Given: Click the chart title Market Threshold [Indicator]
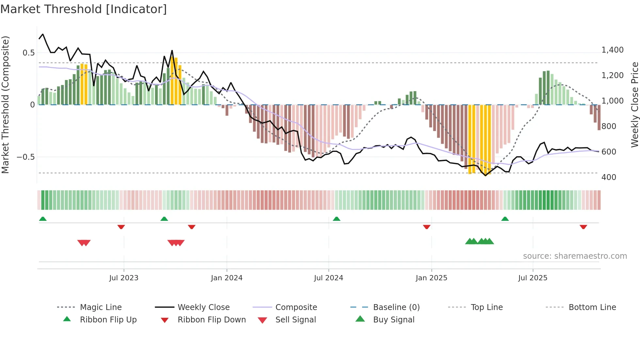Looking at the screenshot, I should pyautogui.click(x=84, y=9).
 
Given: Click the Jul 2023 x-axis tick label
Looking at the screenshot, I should pyautogui.click(x=124, y=278).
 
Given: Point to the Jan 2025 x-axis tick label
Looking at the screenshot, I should pyautogui.click(x=431, y=278).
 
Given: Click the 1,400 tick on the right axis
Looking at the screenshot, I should pyautogui.click(x=612, y=50).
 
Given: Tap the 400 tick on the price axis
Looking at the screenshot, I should pyautogui.click(x=609, y=177).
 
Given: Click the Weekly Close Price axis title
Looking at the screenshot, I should pyautogui.click(x=634, y=105).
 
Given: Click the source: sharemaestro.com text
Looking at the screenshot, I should pyautogui.click(x=575, y=256).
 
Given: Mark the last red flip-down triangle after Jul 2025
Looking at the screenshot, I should pyautogui.click(x=583, y=227).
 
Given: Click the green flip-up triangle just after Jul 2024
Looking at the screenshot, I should pyautogui.click(x=336, y=219).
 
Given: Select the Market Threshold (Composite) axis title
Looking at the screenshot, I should pyautogui.click(x=5, y=105).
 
